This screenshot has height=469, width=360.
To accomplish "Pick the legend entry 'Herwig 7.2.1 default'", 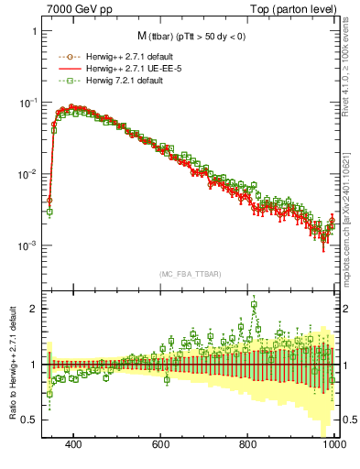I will (x=104, y=80).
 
